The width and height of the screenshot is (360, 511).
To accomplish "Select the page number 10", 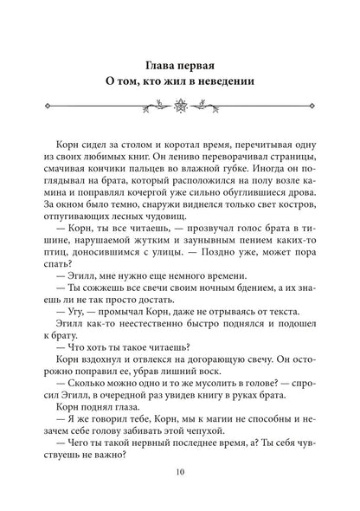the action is [180, 472].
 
